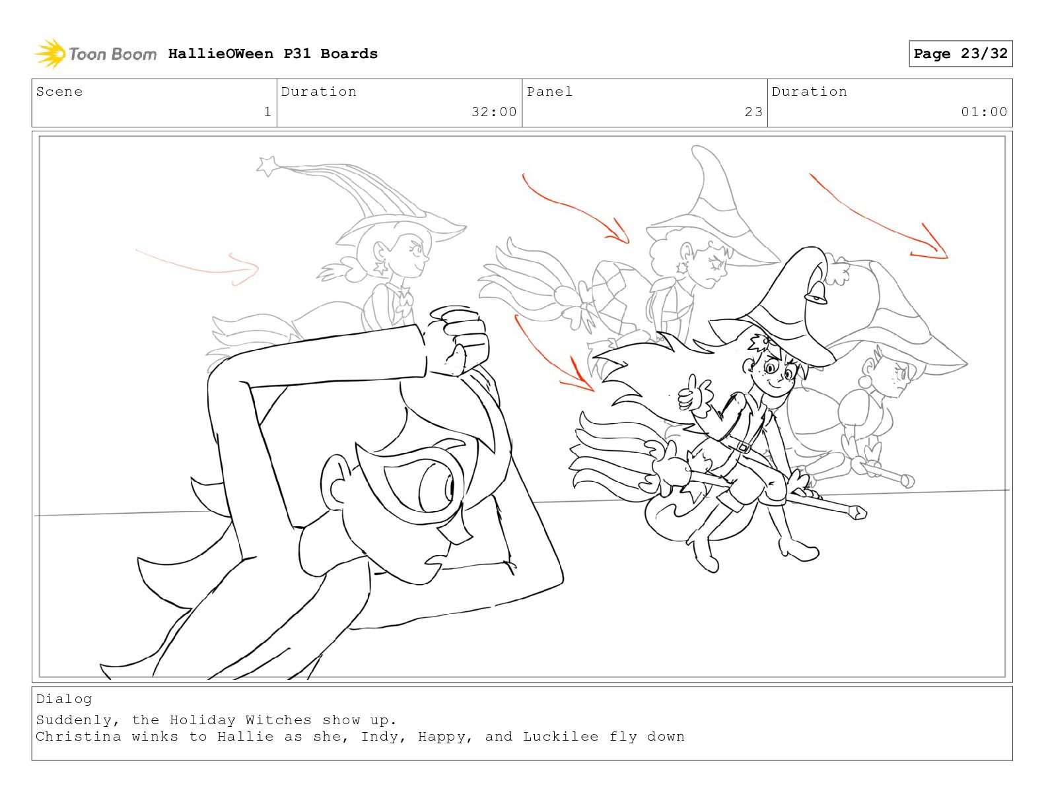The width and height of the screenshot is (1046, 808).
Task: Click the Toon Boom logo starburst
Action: [50, 54]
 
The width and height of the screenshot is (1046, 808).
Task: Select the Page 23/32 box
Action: [960, 53]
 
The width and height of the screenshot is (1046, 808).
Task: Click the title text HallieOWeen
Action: [221, 53]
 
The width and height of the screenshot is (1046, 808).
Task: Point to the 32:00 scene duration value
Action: [494, 112]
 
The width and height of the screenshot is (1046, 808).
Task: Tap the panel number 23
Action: [753, 112]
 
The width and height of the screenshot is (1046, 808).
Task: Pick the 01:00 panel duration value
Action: [984, 112]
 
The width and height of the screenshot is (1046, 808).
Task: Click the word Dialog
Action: [63, 699]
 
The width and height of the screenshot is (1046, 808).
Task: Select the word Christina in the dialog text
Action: [79, 737]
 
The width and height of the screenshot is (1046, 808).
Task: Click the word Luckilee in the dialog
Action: [561, 737]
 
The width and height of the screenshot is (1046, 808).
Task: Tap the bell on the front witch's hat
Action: [816, 292]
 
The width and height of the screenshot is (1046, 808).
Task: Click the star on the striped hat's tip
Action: [267, 166]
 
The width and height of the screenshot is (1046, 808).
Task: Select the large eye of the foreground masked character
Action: [436, 487]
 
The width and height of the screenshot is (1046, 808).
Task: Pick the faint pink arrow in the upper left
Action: [197, 268]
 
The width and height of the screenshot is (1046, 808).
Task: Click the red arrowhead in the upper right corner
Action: [932, 243]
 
